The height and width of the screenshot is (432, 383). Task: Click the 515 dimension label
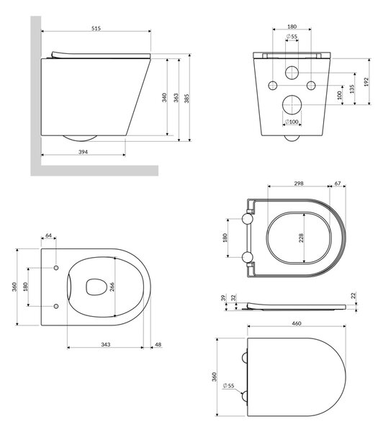click(x=96, y=28)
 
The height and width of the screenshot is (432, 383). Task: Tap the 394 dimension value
click(x=83, y=152)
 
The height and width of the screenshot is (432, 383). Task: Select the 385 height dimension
click(x=187, y=99)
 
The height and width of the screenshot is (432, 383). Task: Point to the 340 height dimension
click(x=164, y=97)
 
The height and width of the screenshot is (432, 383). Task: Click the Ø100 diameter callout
click(x=292, y=122)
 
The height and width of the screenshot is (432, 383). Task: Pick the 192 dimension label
click(x=366, y=81)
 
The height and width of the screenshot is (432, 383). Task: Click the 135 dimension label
click(x=352, y=89)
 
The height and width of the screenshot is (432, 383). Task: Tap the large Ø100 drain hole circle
click(x=292, y=104)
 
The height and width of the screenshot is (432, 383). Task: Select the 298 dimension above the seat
click(x=299, y=183)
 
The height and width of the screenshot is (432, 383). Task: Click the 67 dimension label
click(x=338, y=183)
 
